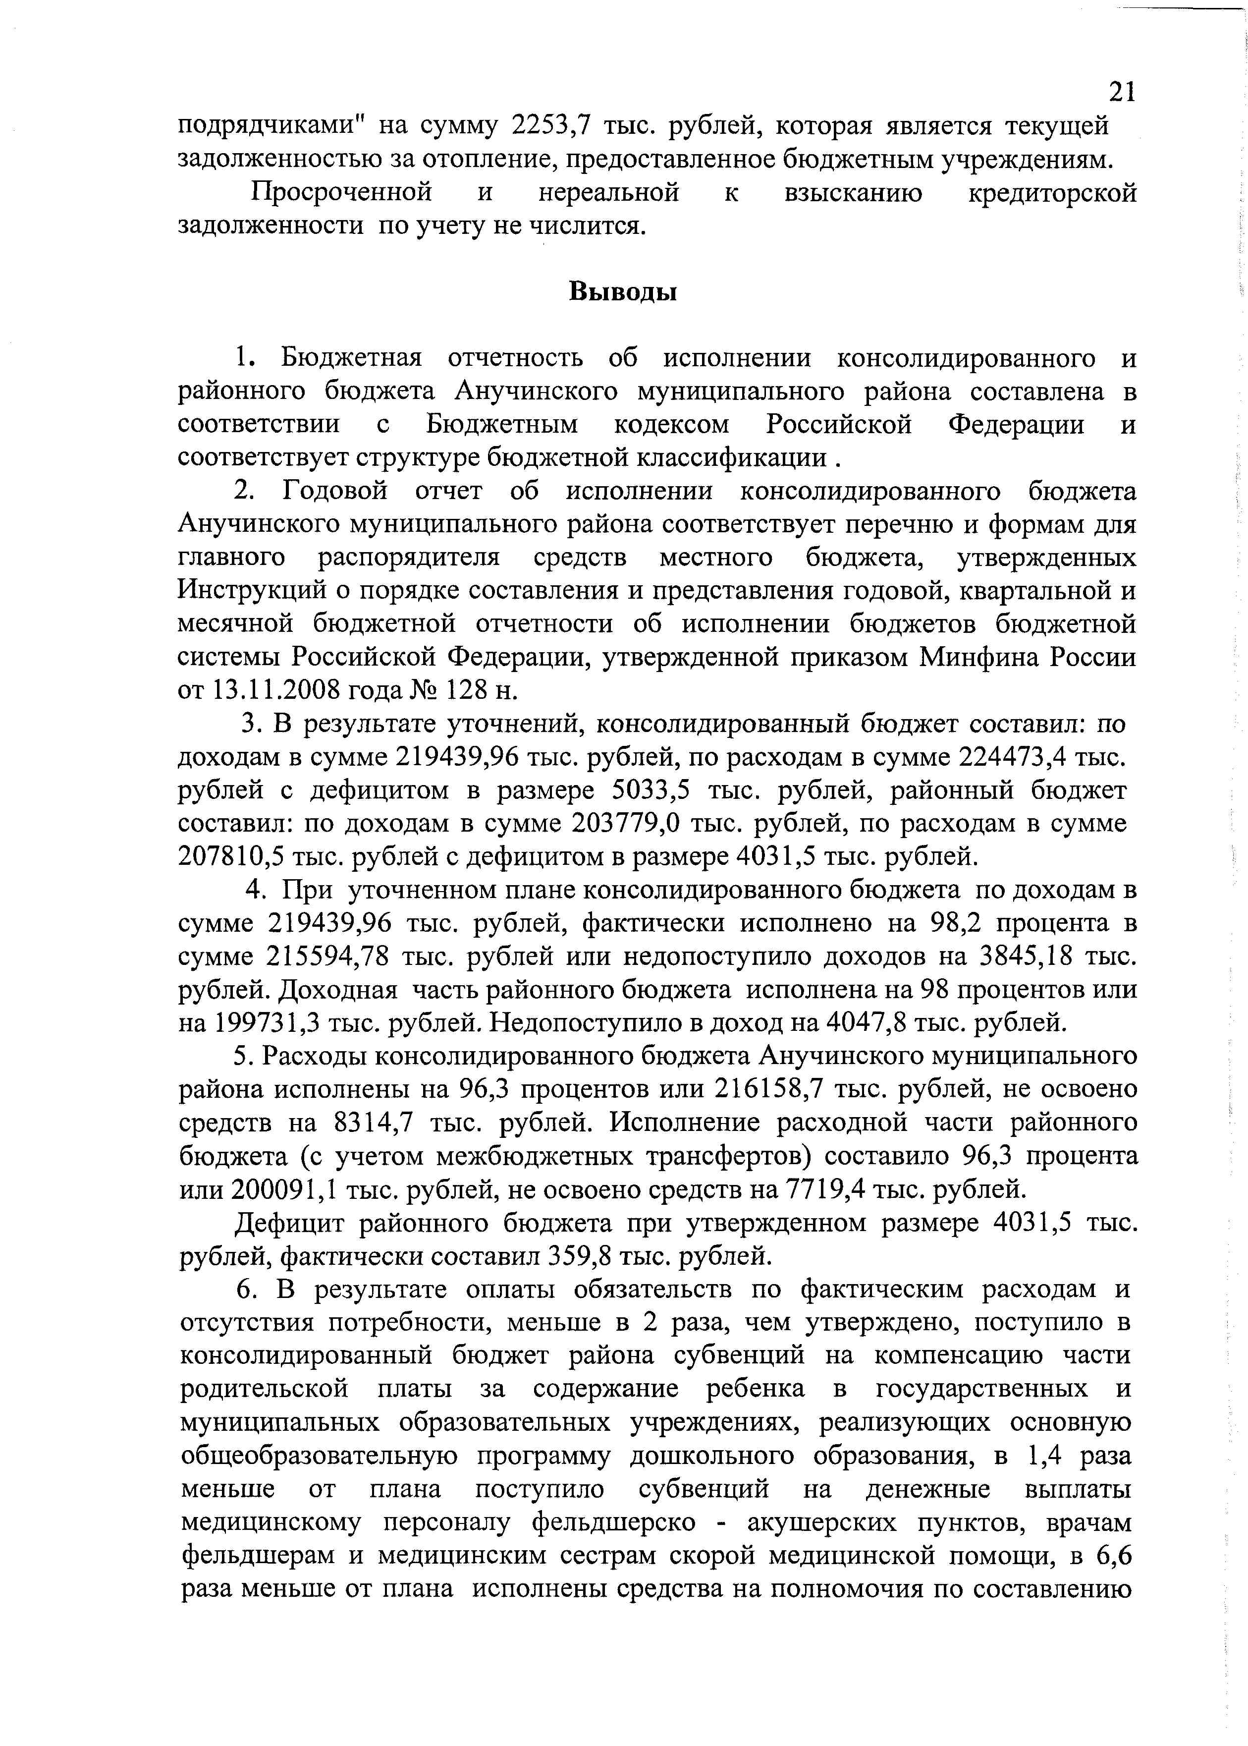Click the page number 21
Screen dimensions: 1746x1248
click(x=1122, y=92)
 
